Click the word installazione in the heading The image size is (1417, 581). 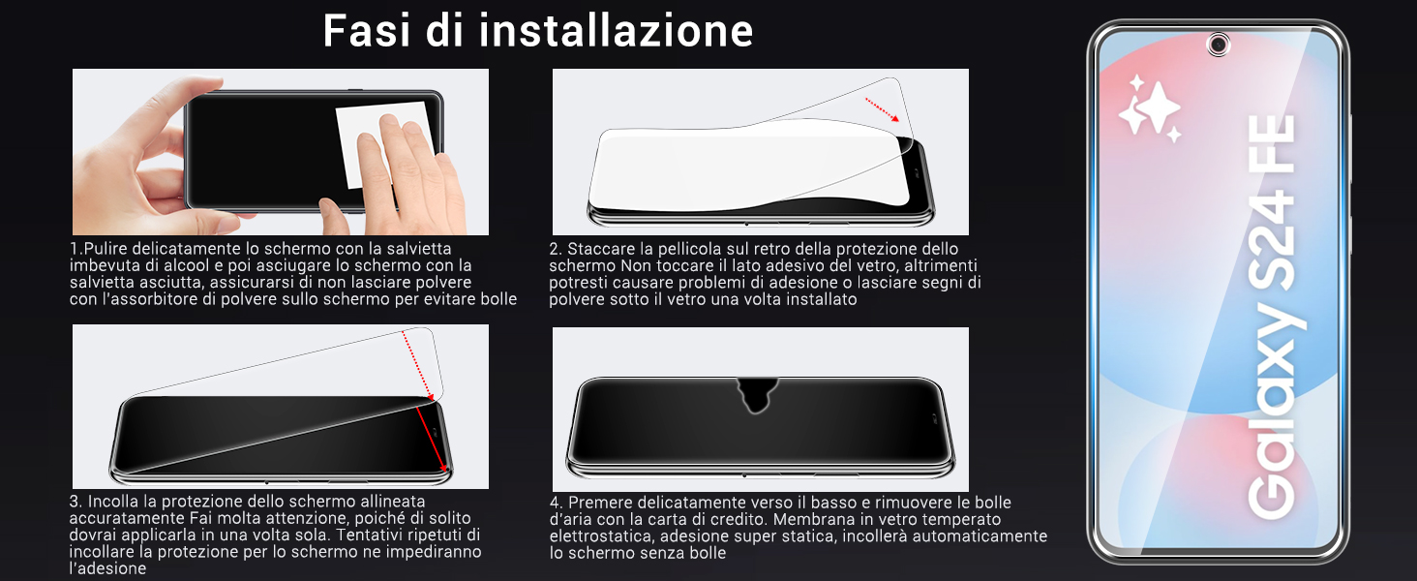(x=617, y=30)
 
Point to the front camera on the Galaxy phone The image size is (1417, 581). (x=1218, y=44)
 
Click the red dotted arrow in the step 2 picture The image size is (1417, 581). (x=881, y=108)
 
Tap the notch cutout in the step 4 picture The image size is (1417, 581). (x=757, y=393)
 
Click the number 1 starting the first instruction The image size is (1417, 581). (x=74, y=250)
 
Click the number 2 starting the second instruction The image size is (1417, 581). (x=555, y=250)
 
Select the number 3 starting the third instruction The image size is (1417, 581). (x=75, y=502)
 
